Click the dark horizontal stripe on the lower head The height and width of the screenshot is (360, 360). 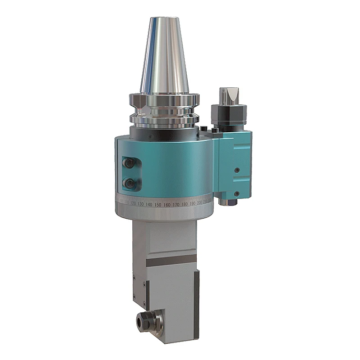(x=172, y=261)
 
